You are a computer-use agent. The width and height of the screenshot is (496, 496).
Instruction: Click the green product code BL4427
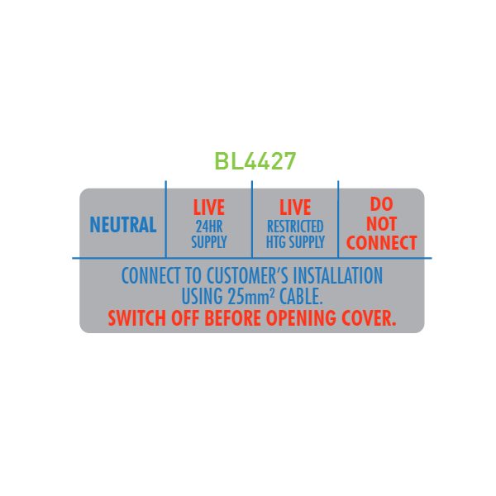point(255,160)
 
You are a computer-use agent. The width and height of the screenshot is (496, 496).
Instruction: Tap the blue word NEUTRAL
point(123,225)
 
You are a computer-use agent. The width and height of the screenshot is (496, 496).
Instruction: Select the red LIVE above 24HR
point(209,207)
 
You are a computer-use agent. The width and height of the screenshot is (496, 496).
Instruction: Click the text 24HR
point(209,227)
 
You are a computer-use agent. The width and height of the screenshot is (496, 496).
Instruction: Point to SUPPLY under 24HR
point(209,241)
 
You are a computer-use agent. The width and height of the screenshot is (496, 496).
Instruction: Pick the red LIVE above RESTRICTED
point(295,207)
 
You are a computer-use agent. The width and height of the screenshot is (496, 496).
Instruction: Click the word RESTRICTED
point(295,227)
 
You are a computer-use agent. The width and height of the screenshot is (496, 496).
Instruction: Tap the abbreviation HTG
point(276,241)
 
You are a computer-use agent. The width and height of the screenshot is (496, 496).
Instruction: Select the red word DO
point(381,204)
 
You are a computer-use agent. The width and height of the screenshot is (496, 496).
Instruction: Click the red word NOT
point(381,224)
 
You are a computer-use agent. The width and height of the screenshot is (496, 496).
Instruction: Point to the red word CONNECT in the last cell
point(381,242)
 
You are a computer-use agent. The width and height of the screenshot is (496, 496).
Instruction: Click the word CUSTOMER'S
point(248,275)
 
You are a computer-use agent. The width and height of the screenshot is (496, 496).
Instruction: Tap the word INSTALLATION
point(338,275)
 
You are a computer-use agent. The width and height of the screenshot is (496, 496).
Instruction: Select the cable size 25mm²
point(250,297)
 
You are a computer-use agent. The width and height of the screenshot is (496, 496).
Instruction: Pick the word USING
point(203,297)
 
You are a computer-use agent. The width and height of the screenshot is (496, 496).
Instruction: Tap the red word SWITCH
point(137,318)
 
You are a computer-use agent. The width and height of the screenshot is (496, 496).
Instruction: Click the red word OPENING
point(301,318)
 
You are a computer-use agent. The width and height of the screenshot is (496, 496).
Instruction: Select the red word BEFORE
point(232,318)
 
